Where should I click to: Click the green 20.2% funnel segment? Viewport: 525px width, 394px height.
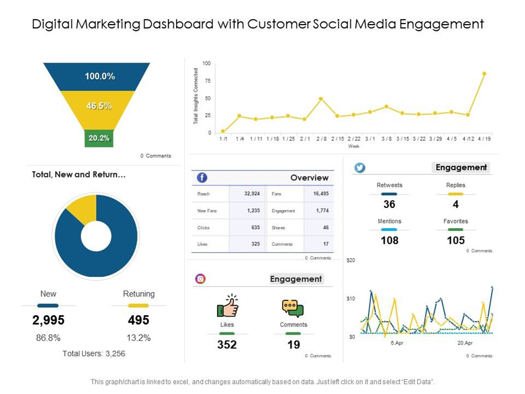(x=99, y=138)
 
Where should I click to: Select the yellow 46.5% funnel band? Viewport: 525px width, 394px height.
(x=98, y=106)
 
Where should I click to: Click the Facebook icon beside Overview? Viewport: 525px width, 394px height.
(x=202, y=178)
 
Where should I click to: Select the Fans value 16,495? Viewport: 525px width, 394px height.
(x=321, y=194)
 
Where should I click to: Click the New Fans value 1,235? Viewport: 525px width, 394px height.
(x=253, y=211)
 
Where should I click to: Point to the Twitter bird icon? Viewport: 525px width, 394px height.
(x=360, y=167)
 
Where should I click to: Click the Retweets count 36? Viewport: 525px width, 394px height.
(x=389, y=205)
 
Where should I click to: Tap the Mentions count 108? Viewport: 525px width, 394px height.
(x=389, y=240)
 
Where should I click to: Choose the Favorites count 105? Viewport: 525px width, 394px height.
(x=456, y=240)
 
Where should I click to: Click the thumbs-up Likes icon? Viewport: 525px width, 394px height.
(x=227, y=306)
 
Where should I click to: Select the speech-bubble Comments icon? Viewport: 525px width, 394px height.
(x=293, y=308)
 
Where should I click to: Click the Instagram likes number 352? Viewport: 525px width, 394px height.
(x=227, y=345)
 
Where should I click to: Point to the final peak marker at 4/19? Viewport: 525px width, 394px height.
(x=484, y=74)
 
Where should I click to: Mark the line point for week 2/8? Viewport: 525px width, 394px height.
(x=321, y=99)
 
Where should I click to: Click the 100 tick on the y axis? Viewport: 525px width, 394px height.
(x=207, y=64)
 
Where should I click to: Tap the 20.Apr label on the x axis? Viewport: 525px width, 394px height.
(x=465, y=343)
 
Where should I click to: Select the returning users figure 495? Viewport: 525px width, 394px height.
(x=139, y=320)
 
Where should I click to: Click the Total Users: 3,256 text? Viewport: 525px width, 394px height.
(x=94, y=353)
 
